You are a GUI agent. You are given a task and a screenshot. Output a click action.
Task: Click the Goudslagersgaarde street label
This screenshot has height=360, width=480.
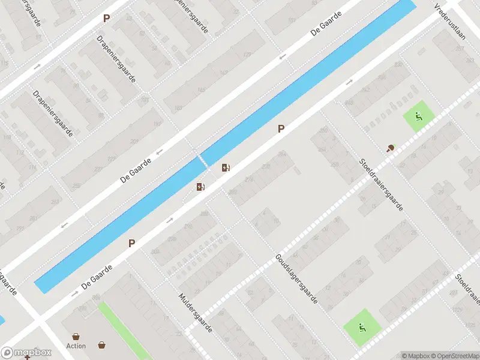296,278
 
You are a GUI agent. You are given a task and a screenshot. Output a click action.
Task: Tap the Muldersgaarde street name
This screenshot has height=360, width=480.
196,311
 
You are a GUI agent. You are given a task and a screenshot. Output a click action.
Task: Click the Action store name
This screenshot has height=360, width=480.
76,346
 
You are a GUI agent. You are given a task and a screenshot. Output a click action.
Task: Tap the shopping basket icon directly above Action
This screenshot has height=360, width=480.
76,336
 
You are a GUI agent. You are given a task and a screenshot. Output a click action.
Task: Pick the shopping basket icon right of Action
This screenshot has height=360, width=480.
102,344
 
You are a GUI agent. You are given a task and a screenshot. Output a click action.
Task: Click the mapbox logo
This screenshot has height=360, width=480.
25,352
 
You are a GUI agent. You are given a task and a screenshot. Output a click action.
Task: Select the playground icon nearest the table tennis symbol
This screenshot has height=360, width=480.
418,116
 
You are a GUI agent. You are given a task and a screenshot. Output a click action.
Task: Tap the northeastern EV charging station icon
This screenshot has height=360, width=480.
226,168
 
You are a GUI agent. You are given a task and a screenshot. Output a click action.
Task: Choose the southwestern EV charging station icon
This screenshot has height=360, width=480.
200,187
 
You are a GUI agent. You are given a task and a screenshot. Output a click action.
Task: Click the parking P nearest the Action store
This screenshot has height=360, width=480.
131,243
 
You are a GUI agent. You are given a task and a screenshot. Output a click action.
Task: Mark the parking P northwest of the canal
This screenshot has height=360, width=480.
106,18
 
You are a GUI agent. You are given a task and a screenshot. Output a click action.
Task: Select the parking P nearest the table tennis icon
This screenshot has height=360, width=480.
280,128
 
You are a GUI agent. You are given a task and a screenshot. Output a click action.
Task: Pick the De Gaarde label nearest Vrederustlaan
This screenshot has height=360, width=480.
326,23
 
